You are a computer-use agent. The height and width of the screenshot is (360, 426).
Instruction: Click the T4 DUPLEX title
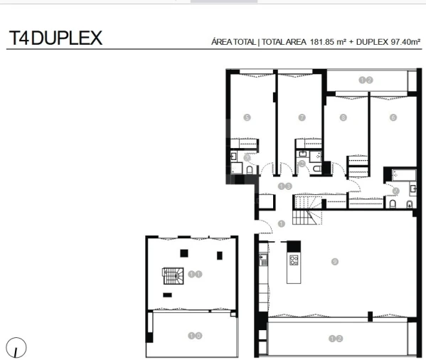click(55, 38)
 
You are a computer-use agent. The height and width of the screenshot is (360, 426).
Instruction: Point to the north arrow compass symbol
click(16, 348)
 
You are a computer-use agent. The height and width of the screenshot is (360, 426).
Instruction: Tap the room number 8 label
click(344, 117)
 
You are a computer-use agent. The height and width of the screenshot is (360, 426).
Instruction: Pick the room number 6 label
click(393, 117)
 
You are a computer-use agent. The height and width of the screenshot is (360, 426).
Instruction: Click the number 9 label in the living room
click(335, 262)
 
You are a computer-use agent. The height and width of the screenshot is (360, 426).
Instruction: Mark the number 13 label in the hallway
click(285, 186)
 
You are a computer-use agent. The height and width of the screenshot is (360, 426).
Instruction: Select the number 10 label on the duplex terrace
click(195, 334)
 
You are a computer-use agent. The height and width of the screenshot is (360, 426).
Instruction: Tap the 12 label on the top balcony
click(366, 80)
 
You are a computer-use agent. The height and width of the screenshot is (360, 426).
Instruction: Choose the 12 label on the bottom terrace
click(336, 339)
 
